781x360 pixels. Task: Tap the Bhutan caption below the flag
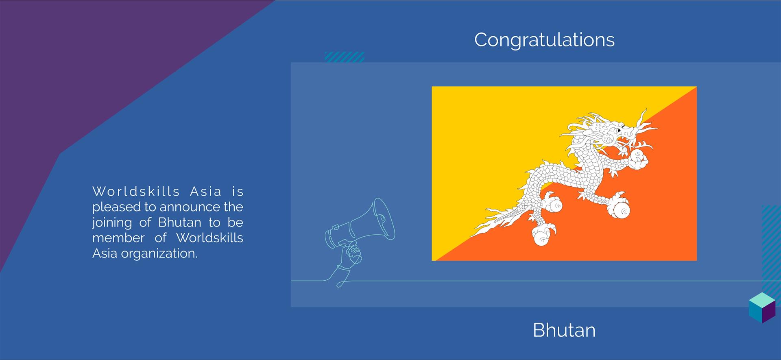tap(564, 330)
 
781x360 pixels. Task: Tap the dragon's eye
tap(618, 130)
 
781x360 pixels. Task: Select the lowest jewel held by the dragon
tap(543, 236)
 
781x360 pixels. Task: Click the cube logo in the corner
tap(762, 308)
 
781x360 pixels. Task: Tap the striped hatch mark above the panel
tap(344, 57)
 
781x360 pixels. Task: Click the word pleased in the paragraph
tap(117, 207)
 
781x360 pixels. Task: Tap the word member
tap(118, 238)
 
